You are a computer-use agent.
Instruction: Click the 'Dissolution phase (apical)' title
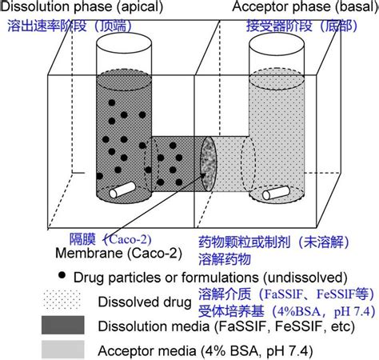(x=82, y=6)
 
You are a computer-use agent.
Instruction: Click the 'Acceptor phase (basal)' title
(x=305, y=6)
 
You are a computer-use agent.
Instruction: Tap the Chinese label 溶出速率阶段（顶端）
(x=70, y=26)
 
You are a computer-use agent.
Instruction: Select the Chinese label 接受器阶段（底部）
(x=301, y=26)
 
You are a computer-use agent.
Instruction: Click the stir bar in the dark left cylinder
(x=122, y=190)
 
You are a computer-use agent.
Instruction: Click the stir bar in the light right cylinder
(x=276, y=193)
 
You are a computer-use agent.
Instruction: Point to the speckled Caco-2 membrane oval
(x=208, y=163)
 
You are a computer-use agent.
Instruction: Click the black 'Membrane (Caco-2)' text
(x=118, y=253)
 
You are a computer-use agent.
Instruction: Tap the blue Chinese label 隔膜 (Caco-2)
(x=110, y=239)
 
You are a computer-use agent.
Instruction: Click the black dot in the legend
(x=62, y=275)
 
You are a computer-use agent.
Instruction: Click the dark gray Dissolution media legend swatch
(x=63, y=325)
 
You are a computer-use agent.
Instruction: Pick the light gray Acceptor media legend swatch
(x=63, y=350)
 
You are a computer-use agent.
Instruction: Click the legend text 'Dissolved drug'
(x=145, y=302)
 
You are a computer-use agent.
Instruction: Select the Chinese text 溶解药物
(x=225, y=259)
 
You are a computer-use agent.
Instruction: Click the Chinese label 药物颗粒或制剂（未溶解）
(x=273, y=242)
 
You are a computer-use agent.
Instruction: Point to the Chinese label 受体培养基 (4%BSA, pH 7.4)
(x=287, y=311)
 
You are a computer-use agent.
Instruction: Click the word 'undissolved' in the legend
(x=305, y=278)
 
